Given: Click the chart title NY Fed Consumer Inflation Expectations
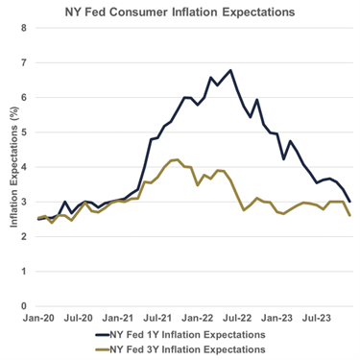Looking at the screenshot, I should click(180, 12).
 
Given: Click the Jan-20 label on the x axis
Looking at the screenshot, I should click(37, 316).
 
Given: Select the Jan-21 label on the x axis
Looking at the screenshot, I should click(118, 316).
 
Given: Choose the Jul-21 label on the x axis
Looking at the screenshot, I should click(158, 316).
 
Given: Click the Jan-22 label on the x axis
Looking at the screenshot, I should click(199, 316).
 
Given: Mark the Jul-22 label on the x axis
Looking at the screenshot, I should click(239, 316).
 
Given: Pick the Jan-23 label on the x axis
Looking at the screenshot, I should click(279, 316).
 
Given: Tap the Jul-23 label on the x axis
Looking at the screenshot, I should click(319, 316).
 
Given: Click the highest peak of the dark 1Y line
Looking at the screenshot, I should click(230, 70).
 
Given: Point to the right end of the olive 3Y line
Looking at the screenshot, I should click(349, 215).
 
